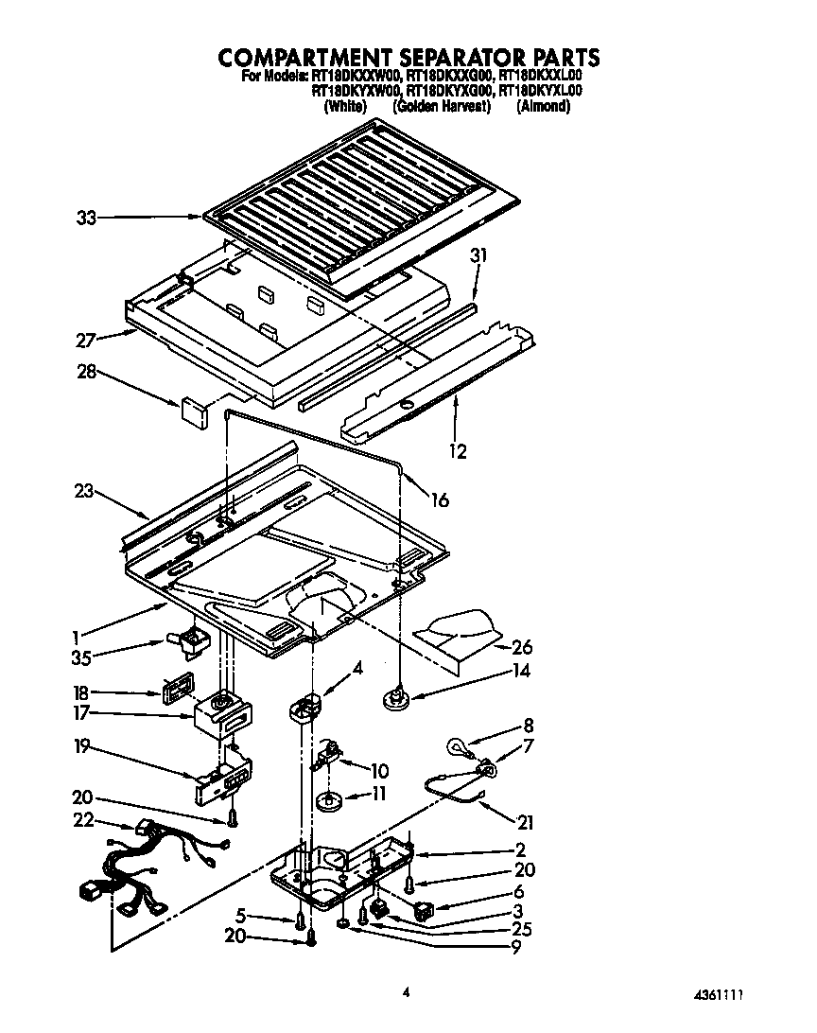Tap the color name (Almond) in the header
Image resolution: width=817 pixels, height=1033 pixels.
click(x=544, y=107)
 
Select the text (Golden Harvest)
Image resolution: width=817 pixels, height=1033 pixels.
click(x=443, y=107)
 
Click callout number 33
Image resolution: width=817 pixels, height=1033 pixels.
click(x=87, y=219)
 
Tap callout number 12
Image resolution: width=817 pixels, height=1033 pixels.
click(x=458, y=451)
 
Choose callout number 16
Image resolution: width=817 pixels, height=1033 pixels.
click(x=440, y=500)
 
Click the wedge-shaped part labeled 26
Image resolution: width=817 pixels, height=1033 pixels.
click(x=463, y=632)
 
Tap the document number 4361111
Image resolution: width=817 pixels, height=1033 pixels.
click(x=729, y=996)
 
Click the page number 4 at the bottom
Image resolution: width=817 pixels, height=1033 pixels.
click(x=407, y=992)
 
